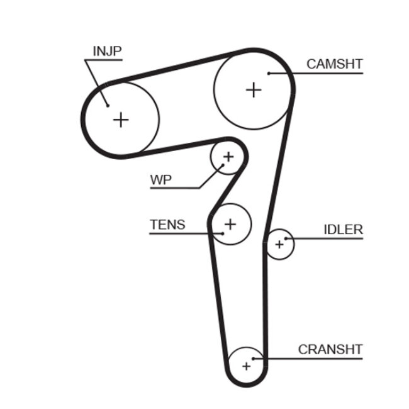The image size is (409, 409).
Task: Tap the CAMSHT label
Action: (x=334, y=64)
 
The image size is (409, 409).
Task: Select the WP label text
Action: (x=160, y=179)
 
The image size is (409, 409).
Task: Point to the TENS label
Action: (x=167, y=224)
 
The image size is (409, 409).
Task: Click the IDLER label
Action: (x=343, y=230)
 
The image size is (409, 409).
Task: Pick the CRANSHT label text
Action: (x=330, y=349)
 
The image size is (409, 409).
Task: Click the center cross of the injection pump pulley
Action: (x=120, y=119)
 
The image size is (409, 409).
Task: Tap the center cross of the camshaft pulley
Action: (x=253, y=89)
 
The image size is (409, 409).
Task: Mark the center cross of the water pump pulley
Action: (x=228, y=156)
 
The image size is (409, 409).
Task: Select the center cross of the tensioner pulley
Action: (x=231, y=223)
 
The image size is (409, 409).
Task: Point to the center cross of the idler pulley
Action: (x=280, y=244)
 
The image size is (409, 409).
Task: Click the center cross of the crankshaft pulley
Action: (x=246, y=365)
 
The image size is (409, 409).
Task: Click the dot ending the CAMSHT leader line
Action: (x=269, y=74)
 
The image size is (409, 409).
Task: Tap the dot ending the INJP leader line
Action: (x=108, y=105)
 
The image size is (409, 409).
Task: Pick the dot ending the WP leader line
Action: (x=221, y=165)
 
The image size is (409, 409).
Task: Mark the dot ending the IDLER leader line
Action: (x=286, y=239)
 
